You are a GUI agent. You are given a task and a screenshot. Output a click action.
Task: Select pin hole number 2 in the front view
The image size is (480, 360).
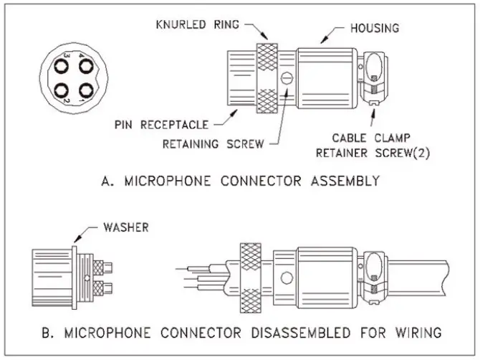tap(60, 93)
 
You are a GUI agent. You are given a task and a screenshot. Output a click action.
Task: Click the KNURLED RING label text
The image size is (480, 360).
tap(197, 24)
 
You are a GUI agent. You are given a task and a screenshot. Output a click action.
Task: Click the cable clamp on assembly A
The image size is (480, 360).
tap(373, 79)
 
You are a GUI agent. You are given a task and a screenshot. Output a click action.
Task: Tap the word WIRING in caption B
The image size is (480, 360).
tap(418, 333)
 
